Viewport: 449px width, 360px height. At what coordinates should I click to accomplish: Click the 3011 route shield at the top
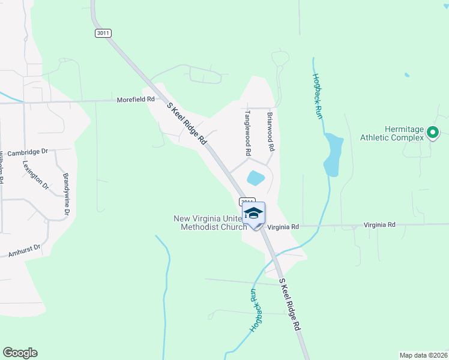(x=103, y=33)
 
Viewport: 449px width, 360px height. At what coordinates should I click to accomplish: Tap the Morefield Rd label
(x=136, y=100)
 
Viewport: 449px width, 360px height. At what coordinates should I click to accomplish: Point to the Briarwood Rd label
(x=271, y=131)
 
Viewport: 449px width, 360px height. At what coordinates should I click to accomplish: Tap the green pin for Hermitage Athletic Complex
(x=432, y=133)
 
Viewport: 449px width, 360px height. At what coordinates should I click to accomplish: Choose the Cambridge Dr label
(x=23, y=152)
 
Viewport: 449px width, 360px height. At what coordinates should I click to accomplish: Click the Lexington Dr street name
(x=35, y=175)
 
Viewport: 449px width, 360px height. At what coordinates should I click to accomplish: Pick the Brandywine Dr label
(x=67, y=194)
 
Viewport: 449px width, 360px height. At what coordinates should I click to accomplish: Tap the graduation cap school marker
(x=254, y=214)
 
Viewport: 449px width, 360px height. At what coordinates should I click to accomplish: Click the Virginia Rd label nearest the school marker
(x=283, y=227)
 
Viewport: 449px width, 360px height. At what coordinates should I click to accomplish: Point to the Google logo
(x=20, y=353)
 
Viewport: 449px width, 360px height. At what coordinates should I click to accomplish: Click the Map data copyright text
(x=423, y=355)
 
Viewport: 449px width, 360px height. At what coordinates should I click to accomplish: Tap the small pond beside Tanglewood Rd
(x=255, y=178)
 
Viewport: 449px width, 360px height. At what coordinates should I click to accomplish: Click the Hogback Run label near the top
(x=318, y=95)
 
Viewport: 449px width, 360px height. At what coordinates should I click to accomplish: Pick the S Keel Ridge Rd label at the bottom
(x=289, y=307)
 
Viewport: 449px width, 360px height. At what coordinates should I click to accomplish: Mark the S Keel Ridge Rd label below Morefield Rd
(x=187, y=124)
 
